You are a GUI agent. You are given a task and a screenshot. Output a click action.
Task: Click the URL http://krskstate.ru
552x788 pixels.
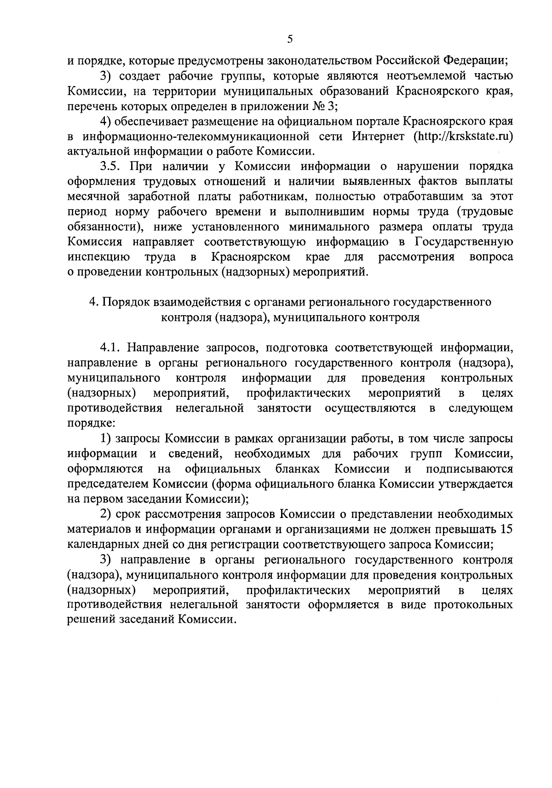click(x=463, y=137)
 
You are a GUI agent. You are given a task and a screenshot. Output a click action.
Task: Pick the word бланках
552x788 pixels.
click(x=298, y=469)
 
